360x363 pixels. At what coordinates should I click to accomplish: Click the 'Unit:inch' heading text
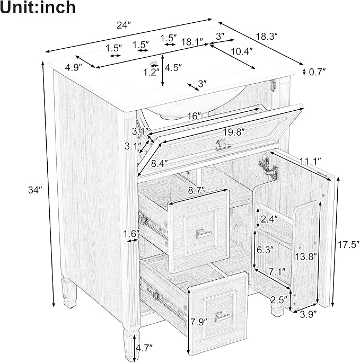[x=38, y=7]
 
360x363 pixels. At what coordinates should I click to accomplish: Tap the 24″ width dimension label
[x=124, y=25]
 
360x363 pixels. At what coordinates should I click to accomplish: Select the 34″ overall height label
[x=35, y=190]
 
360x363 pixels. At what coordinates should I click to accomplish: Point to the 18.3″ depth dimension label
[x=267, y=37]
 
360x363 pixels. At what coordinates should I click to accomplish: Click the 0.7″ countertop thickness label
[x=318, y=72]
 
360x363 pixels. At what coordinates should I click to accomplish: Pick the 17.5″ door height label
[x=348, y=245]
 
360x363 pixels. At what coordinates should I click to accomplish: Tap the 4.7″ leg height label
[x=144, y=348]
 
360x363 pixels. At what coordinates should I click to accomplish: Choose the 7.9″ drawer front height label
[x=199, y=322]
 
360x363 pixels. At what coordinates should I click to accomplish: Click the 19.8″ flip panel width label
[x=234, y=132]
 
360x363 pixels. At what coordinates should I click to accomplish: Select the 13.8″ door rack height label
[x=306, y=256]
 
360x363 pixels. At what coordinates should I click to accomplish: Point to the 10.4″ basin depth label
[x=241, y=51]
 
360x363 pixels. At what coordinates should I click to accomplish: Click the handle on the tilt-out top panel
[x=223, y=145]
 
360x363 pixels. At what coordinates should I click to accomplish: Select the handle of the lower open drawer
[x=222, y=316]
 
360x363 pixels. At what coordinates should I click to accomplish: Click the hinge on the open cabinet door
[x=268, y=167]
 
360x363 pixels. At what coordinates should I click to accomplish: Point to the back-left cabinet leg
[x=69, y=292]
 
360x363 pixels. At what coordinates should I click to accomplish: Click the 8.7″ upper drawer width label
[x=197, y=190]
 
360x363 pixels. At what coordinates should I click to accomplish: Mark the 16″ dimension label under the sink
[x=194, y=116]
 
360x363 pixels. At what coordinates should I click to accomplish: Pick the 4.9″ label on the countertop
[x=74, y=68]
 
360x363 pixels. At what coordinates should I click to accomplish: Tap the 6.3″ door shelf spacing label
[x=265, y=250]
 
